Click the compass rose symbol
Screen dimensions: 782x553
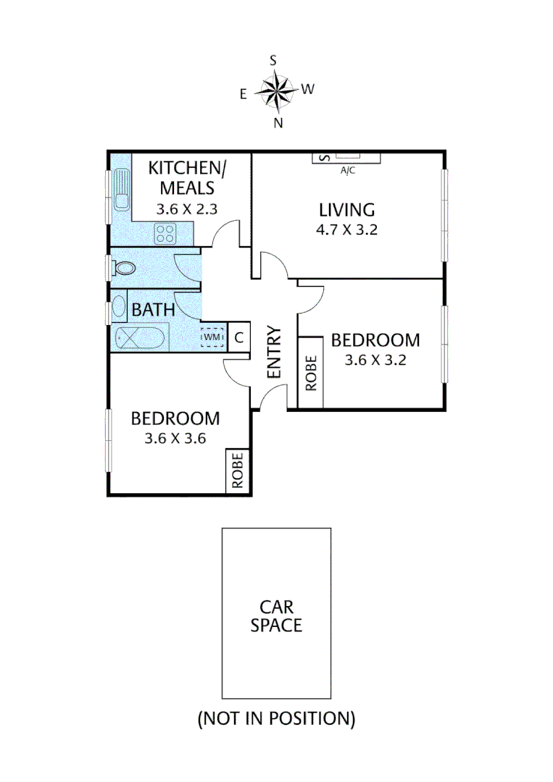click(276, 91)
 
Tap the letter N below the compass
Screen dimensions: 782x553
click(278, 122)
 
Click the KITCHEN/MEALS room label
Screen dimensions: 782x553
click(187, 178)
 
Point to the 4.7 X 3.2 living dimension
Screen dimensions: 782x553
click(347, 231)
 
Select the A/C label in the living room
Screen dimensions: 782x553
click(348, 172)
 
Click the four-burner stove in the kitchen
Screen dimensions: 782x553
click(165, 233)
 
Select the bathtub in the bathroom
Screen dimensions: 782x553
click(141, 338)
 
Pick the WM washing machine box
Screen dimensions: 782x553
click(212, 337)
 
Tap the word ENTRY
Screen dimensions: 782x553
click(273, 352)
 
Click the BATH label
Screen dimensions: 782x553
click(153, 310)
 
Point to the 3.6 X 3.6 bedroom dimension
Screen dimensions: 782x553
click(175, 437)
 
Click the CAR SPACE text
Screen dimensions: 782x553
click(276, 615)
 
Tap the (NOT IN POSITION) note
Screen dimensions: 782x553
click(276, 718)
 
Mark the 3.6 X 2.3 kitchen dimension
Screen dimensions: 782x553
click(187, 209)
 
